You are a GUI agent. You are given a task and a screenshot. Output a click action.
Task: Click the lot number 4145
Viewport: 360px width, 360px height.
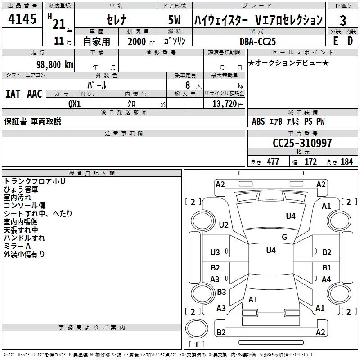[x=22, y=21]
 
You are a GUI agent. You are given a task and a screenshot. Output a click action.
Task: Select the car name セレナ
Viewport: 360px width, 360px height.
[x=115, y=21]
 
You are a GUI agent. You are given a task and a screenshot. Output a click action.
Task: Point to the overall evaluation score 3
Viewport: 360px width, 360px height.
[x=343, y=21]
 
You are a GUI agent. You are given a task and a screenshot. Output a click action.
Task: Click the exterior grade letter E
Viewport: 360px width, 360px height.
[x=335, y=41]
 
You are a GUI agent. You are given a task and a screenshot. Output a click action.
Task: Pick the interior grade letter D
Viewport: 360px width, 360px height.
[x=350, y=41]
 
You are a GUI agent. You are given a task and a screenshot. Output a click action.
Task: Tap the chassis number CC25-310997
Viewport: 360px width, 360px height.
[x=302, y=143]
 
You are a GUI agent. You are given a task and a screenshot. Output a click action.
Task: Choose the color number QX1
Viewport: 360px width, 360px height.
[x=74, y=103]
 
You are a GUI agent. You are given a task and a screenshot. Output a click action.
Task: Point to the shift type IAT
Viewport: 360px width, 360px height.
[x=13, y=94]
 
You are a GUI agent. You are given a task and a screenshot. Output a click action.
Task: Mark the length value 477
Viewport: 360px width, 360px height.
[x=272, y=162]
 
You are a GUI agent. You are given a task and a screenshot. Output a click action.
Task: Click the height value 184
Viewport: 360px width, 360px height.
[x=346, y=162]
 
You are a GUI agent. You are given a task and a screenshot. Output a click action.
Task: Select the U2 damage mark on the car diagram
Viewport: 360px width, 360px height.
[x=223, y=225]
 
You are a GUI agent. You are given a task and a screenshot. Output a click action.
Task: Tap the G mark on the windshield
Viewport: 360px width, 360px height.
[x=284, y=237]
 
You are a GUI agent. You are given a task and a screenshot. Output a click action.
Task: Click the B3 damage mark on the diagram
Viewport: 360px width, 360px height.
[x=221, y=292]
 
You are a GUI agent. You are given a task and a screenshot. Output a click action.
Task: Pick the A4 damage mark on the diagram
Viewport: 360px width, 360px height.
[x=326, y=279]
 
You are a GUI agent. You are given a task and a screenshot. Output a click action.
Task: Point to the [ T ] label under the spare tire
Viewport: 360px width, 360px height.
[x=197, y=344]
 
